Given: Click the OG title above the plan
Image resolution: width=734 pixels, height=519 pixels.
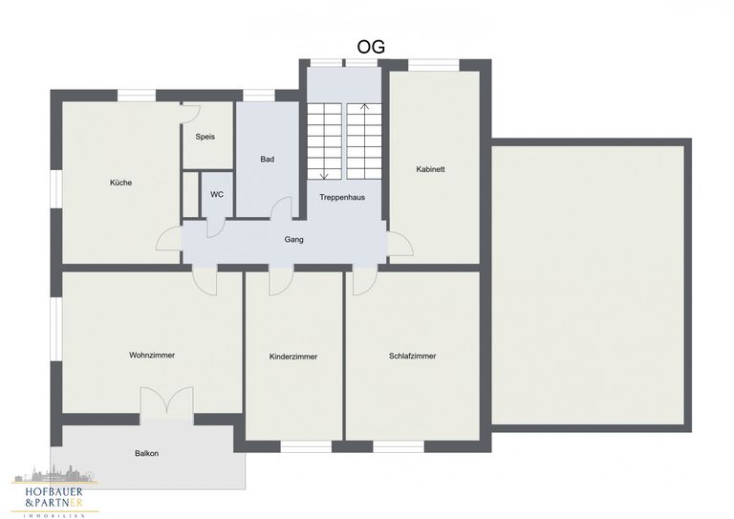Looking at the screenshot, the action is pos(371,47).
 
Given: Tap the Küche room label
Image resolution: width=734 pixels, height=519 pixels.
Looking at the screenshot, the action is pos(120,183).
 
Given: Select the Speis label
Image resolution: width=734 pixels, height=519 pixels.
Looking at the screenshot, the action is pos(205,137).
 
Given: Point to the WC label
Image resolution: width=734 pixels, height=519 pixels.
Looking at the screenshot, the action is pos(217,194).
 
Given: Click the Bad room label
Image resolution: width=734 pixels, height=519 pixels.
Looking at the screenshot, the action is pos(268,159).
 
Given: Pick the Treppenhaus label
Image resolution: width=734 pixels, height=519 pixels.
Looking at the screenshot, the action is pos(342,197).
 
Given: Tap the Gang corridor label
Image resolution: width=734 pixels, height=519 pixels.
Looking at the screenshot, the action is pos(294,240).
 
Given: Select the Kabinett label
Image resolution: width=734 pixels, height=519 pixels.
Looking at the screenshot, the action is pos(431,169).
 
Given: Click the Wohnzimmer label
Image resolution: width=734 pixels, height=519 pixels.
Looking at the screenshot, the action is pos(152,356).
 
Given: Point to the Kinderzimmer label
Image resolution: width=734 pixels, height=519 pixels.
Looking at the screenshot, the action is pos(293,357).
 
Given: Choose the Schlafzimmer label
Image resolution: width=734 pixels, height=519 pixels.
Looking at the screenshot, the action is pos(413,357).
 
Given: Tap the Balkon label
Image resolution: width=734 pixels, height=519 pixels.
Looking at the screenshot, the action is pos(146,453).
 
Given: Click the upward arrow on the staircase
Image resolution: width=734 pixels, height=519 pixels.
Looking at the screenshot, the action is pos(365,141).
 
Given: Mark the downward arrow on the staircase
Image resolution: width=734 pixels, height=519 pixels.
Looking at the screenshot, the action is pos(324,141).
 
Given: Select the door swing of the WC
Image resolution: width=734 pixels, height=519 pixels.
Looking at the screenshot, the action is pos(216,228).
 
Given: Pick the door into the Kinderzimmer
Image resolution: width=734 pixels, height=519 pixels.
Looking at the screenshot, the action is pos(281,282).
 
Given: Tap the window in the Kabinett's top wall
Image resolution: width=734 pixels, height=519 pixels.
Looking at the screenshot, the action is pos(434,65).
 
